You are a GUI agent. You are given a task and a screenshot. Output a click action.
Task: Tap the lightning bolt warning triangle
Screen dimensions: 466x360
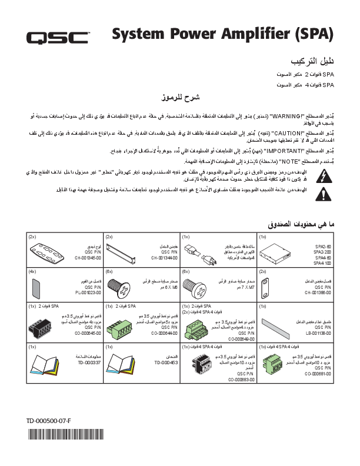[x=323, y=175]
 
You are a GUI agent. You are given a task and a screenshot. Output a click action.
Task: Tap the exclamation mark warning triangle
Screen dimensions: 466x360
[x=323, y=194]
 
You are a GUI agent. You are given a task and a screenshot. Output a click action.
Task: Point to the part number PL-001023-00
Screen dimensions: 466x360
[x=88, y=291]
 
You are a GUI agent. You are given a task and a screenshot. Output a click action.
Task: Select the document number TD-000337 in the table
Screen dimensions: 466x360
[x=89, y=363]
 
